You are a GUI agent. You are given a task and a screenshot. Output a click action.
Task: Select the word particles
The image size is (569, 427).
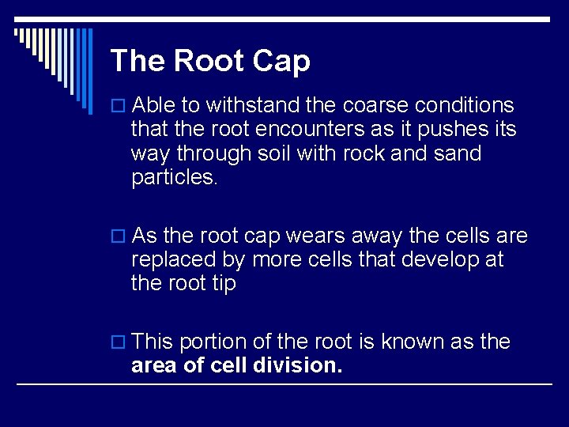(x=174, y=178)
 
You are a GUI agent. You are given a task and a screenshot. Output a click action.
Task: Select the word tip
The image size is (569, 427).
(x=222, y=284)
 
